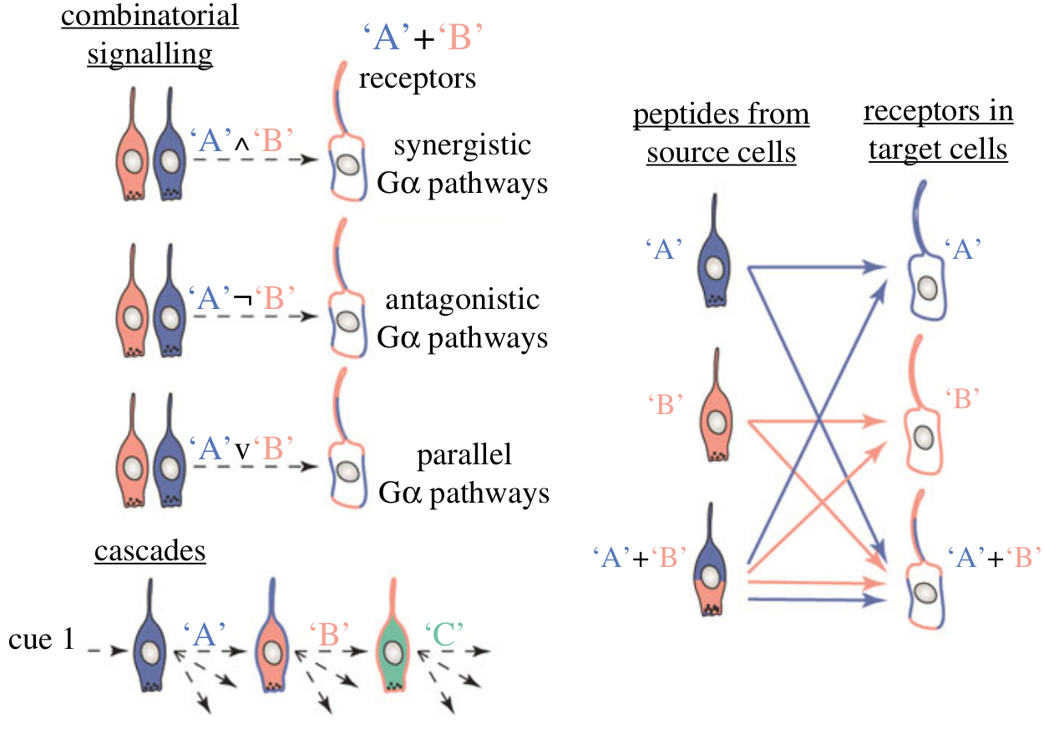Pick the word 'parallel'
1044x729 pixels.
[464, 455]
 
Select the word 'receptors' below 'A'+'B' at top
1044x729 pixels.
[417, 78]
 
